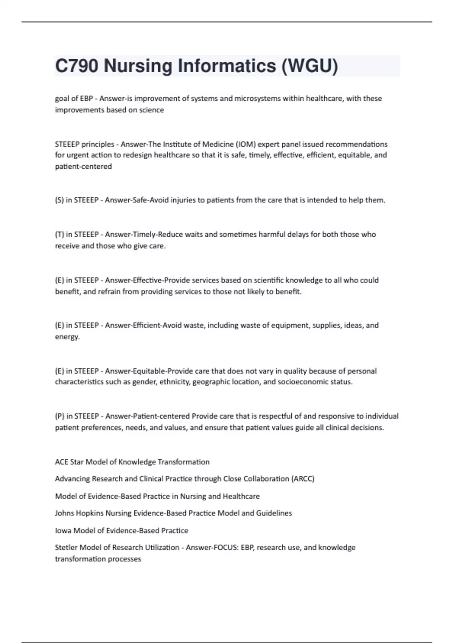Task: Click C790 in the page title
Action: click(77, 66)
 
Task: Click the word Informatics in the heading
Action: click(227, 66)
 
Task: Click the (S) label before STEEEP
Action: click(59, 200)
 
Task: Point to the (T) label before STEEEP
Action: click(59, 235)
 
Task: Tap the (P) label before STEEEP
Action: click(59, 416)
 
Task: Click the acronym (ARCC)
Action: click(303, 479)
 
